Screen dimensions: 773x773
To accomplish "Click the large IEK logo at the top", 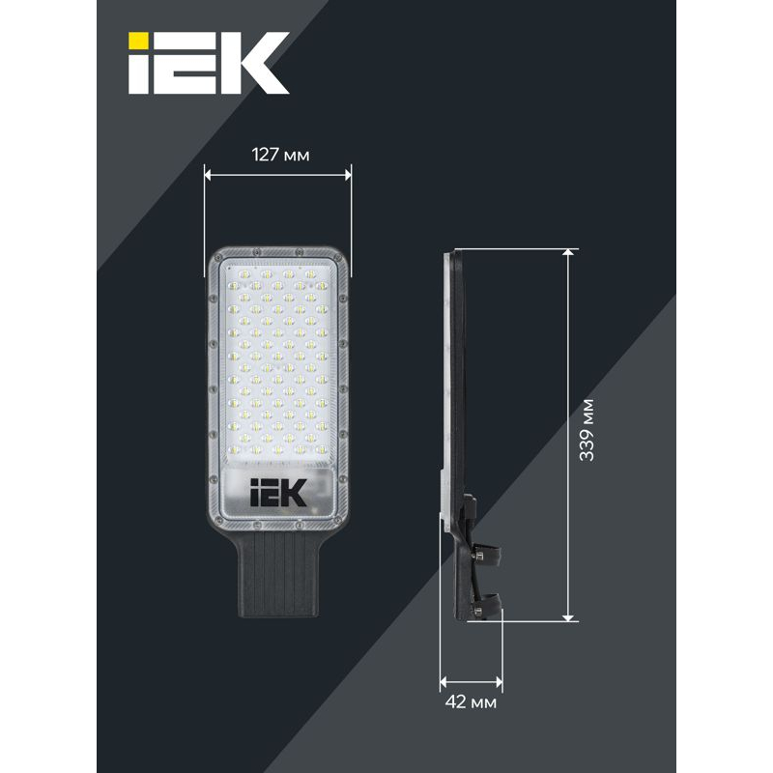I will [210, 63].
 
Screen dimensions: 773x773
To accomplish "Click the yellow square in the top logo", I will [138, 43].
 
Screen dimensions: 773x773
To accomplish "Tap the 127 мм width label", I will [280, 155].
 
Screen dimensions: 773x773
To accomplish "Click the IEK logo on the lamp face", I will [278, 495].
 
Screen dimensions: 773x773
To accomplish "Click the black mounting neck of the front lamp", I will [278, 576].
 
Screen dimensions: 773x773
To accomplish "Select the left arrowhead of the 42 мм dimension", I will [444, 680].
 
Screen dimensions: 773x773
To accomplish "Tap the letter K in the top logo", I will [253, 63].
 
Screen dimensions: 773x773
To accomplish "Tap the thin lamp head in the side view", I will [450, 367].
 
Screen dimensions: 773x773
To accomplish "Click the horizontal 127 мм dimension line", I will [278, 175].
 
